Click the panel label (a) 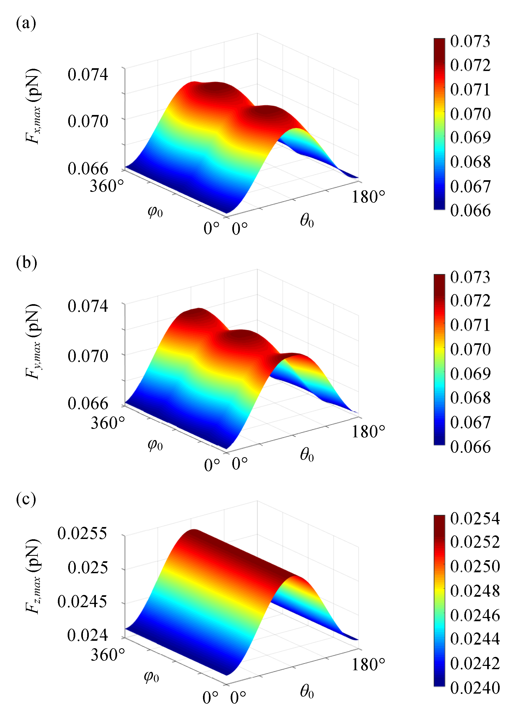(x=26, y=23)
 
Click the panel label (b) (x=26, y=263)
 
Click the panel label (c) (x=26, y=499)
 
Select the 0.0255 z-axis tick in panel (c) (x=82, y=533)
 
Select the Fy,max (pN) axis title (x=33, y=342)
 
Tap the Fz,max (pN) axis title (x=33, y=576)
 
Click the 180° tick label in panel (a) (x=368, y=197)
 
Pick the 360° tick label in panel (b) (x=108, y=423)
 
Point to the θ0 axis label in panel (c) (x=307, y=691)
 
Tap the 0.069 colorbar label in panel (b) (x=470, y=374)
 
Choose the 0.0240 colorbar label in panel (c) (x=474, y=688)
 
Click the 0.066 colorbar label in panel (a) (x=470, y=210)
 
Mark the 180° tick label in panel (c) (x=368, y=665)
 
